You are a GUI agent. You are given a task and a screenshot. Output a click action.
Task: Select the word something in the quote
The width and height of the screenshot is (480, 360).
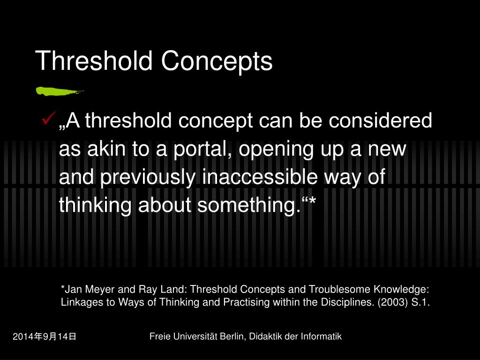(249, 205)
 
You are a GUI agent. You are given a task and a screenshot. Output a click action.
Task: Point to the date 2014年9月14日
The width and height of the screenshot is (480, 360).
(45, 337)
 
